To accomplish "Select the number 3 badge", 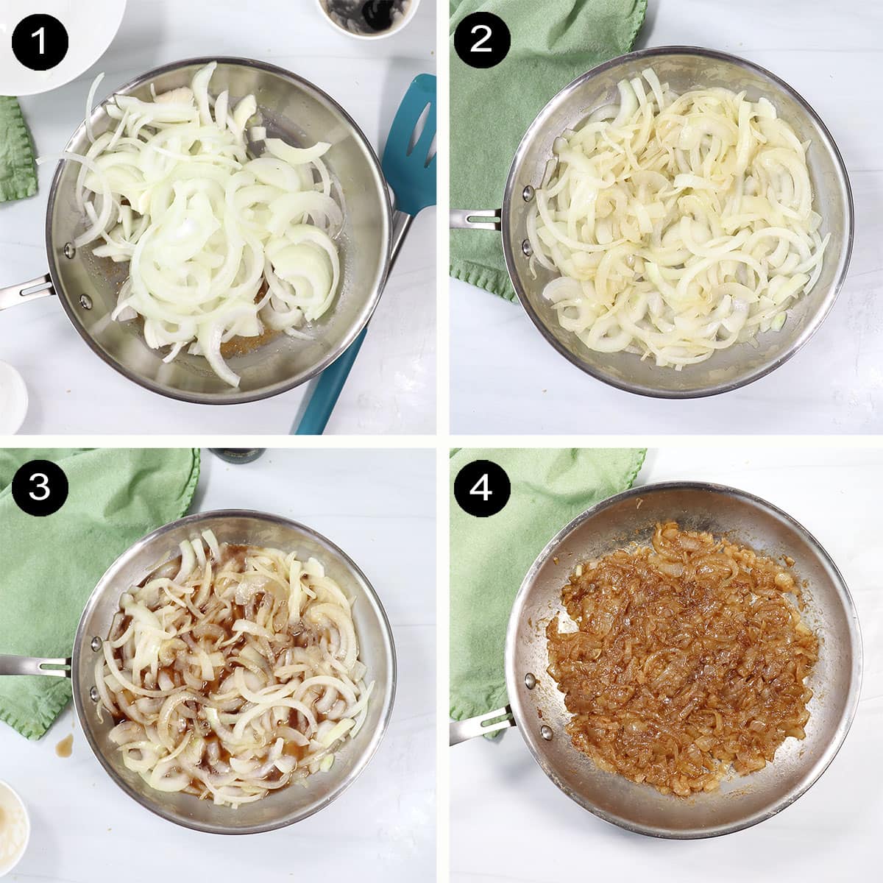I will pyautogui.click(x=39, y=487).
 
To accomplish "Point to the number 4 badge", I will pyautogui.click(x=480, y=487).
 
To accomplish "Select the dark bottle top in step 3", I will pyautogui.click(x=235, y=455).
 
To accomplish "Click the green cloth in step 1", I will pyautogui.click(x=15, y=147).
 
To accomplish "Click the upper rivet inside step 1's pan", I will pyautogui.click(x=69, y=250).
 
